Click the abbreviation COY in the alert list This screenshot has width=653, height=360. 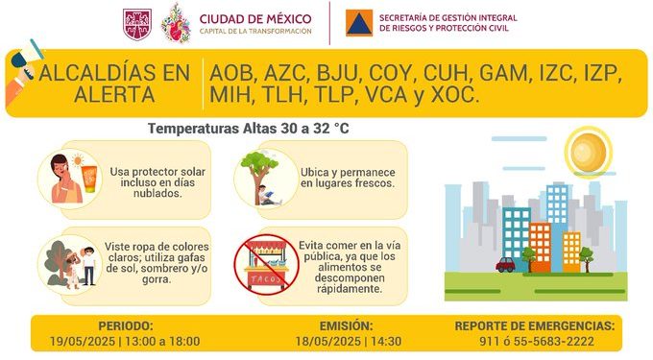(393, 73)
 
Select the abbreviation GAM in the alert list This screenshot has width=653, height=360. (504, 73)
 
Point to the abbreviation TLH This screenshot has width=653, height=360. (285, 95)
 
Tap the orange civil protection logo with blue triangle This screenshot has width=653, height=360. (359, 23)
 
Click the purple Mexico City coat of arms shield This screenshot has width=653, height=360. (137, 25)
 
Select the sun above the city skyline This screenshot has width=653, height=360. (588, 152)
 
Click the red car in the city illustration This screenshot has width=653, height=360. (505, 265)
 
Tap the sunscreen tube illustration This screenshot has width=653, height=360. (89, 179)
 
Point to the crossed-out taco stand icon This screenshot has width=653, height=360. (266, 265)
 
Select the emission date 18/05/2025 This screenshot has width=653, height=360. (328, 341)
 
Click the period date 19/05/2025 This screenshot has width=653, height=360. (83, 341)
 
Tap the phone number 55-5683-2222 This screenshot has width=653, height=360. (554, 341)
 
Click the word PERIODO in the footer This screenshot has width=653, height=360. (126, 325)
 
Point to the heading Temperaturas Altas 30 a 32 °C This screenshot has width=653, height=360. (248, 129)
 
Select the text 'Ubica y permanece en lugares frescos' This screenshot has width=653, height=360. (348, 178)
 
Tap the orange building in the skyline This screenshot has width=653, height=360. (540, 248)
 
